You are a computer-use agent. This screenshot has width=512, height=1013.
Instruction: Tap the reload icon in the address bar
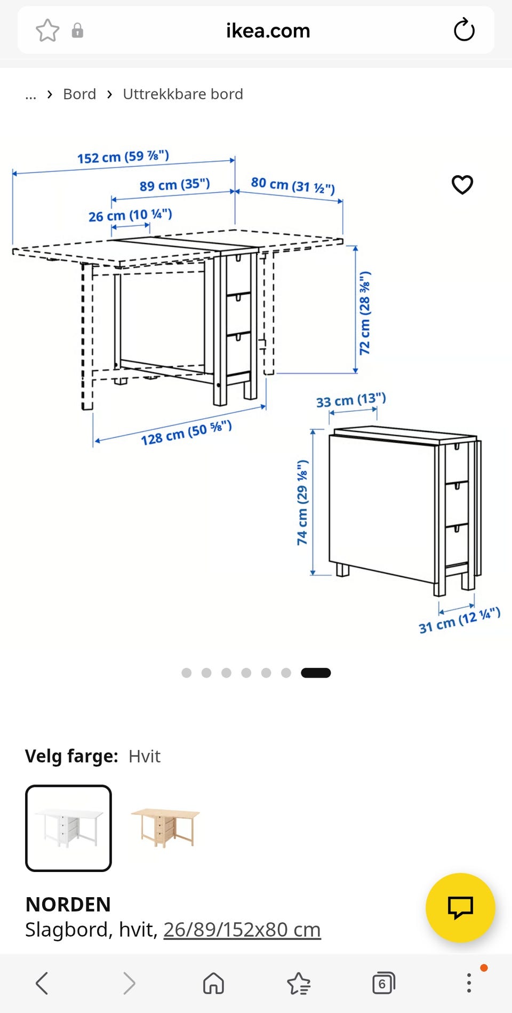464,30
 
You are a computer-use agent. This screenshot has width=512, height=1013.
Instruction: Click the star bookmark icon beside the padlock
47,30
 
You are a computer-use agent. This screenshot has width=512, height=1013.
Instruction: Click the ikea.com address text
268,30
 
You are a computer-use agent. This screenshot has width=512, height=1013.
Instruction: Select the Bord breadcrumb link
79,94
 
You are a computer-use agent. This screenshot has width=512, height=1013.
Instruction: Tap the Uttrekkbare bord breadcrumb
183,94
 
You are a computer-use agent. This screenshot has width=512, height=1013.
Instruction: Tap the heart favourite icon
462,185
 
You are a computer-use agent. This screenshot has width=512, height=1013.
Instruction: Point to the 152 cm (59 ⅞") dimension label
123,156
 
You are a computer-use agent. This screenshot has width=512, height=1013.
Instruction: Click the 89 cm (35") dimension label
175,185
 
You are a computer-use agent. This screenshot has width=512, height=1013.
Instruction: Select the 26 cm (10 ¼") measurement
130,215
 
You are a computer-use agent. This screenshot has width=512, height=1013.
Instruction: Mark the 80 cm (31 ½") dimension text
293,185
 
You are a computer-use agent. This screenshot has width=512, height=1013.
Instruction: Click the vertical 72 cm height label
365,313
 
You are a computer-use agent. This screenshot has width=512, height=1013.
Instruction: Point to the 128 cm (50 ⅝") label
186,433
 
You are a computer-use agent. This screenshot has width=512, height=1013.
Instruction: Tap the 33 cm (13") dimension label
351,400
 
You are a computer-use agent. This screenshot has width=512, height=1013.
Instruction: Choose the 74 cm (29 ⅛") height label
302,502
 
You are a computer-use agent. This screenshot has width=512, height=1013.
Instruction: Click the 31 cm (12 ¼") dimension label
459,620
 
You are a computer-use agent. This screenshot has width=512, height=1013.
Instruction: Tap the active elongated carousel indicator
316,673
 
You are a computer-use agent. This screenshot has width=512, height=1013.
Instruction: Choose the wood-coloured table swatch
165,828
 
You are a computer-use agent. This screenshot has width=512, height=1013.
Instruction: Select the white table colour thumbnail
69,828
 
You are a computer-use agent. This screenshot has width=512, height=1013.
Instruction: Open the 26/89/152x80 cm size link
242,930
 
